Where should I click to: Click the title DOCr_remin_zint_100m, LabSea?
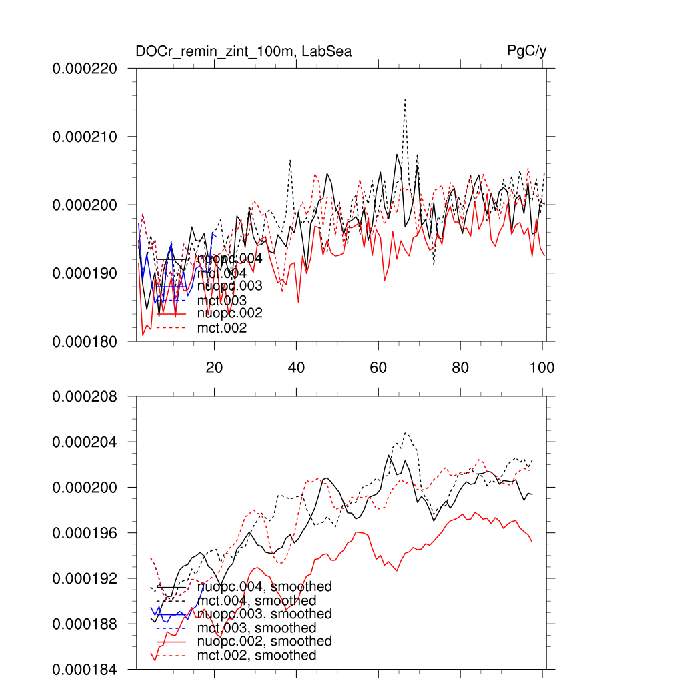point(243,51)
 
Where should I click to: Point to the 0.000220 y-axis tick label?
point(85,69)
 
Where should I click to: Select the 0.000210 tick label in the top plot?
point(85,137)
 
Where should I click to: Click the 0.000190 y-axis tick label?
point(85,273)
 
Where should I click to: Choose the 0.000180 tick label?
point(85,341)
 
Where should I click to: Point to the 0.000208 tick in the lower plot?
point(85,397)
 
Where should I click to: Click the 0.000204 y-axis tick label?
point(85,442)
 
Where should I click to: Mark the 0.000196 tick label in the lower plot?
point(85,533)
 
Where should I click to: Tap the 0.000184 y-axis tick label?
point(85,669)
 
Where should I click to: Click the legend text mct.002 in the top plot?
point(222,328)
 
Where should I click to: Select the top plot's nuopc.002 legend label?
point(229,313)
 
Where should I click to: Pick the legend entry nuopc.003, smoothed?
point(265,614)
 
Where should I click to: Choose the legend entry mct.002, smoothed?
point(257,656)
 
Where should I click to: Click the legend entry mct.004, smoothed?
point(257,601)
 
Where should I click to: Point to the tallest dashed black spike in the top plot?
point(404,100)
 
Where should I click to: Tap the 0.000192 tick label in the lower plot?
point(85,578)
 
